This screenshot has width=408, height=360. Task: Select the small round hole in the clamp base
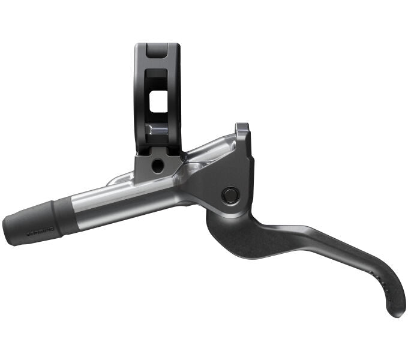coord(158,166)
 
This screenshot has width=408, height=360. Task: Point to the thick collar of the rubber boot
coord(62,215)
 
